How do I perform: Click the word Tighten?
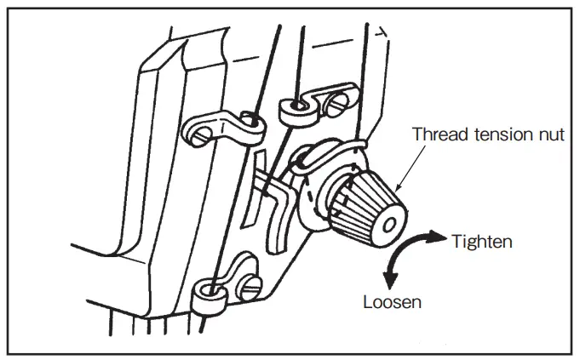click(481, 241)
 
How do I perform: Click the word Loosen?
click(393, 300)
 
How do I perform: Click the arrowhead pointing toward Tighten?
click(439, 236)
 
